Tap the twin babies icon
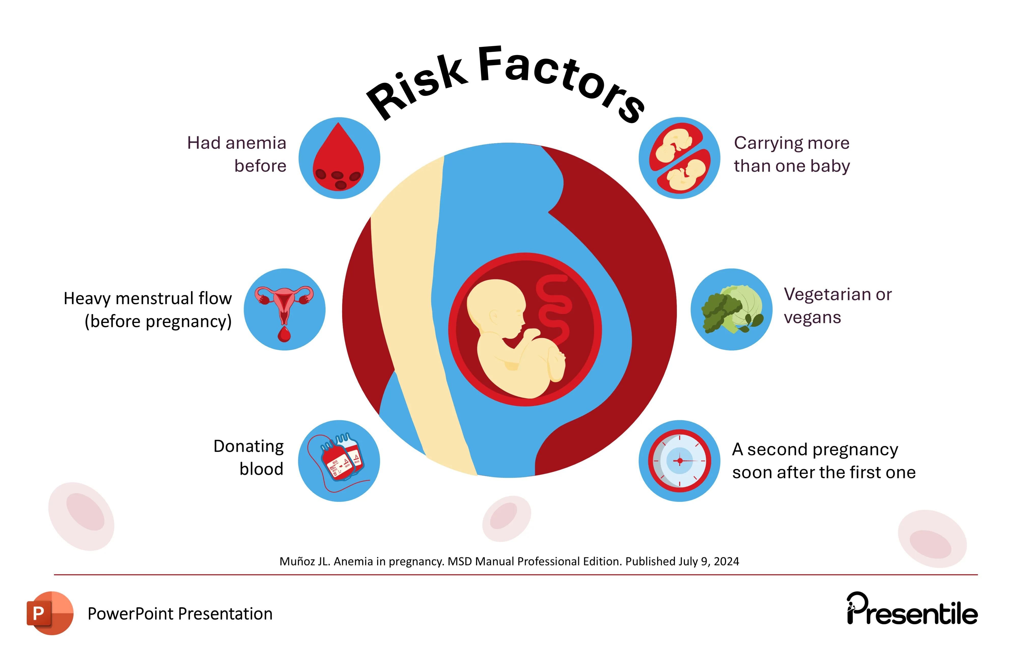(679, 158)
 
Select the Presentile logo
(912, 610)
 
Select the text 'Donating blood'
(249, 458)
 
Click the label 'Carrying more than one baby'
(791, 155)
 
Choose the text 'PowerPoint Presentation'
(180, 614)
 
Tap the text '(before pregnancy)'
(158, 321)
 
